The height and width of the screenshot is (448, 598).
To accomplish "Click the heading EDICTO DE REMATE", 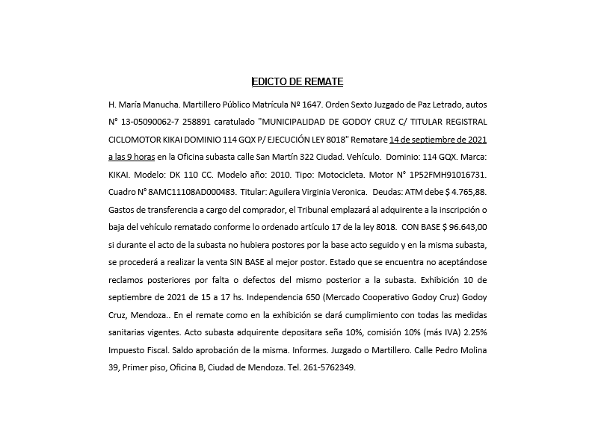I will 298,81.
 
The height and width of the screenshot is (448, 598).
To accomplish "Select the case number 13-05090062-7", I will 158,122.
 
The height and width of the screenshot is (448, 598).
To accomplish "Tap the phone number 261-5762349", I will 330,368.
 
